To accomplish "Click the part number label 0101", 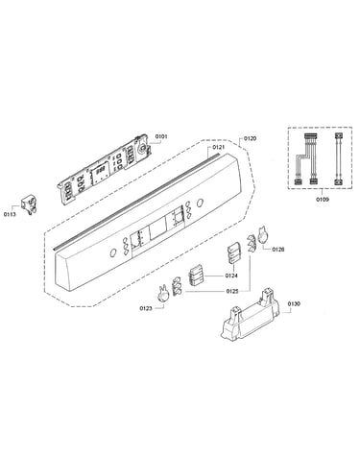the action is click(x=161, y=136).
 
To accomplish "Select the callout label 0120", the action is click(x=251, y=138).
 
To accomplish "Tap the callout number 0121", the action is click(x=219, y=147).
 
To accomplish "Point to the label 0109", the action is click(x=323, y=200).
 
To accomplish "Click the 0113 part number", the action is click(x=10, y=214).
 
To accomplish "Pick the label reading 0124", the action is click(x=231, y=276).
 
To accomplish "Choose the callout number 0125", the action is click(x=232, y=292).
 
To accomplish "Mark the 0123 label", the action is click(x=146, y=308).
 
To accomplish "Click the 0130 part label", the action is click(x=294, y=303).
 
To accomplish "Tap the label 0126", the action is click(x=278, y=250).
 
